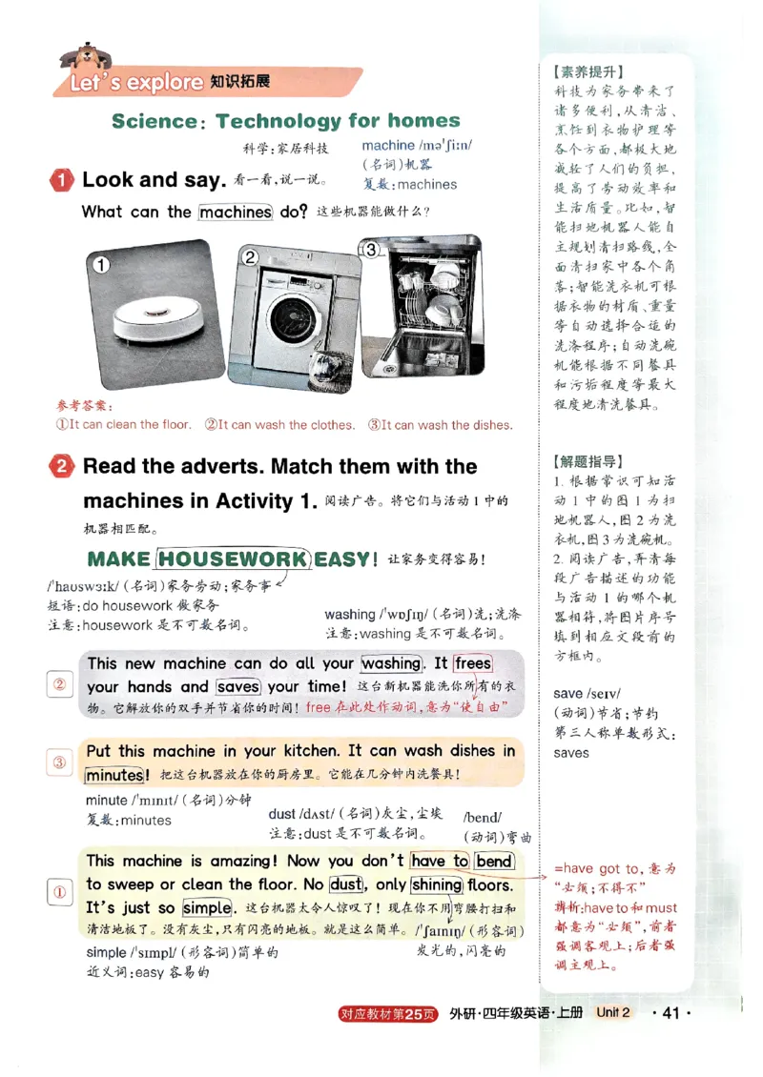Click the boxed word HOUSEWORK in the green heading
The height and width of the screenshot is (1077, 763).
(x=234, y=559)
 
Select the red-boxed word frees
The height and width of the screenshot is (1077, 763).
(x=473, y=663)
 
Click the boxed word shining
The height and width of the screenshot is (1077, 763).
(x=437, y=884)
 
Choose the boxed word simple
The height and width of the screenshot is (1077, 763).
(x=207, y=907)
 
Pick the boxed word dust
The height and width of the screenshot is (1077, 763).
(x=346, y=884)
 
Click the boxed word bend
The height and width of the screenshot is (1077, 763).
(x=495, y=861)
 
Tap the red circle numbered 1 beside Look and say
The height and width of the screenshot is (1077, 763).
(x=62, y=180)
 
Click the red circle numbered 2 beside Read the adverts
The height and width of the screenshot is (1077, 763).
(x=62, y=467)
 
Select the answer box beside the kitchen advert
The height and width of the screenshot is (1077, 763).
(x=59, y=762)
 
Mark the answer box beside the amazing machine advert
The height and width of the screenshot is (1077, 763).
(x=59, y=893)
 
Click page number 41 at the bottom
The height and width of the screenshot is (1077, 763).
(x=670, y=1012)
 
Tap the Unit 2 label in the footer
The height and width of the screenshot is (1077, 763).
(x=613, y=1012)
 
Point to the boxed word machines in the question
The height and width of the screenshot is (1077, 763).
(x=236, y=212)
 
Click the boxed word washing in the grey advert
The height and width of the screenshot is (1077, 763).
(x=391, y=663)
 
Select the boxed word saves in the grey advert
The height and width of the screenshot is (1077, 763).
(x=238, y=686)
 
